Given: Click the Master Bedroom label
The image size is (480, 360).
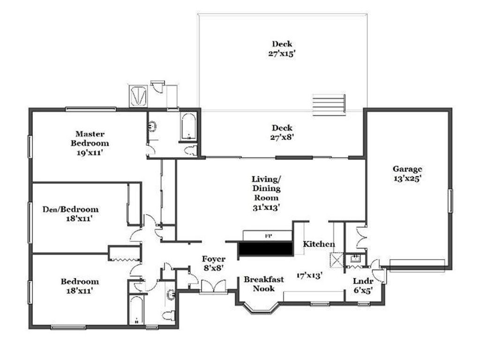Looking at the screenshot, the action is [x=90, y=138].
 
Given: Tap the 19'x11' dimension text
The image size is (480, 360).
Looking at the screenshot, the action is [x=90, y=152].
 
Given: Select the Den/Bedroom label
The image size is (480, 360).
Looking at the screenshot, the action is [x=70, y=210].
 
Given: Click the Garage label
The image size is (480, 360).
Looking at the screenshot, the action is [x=407, y=169].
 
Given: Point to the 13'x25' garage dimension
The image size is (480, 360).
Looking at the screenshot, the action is [x=407, y=179].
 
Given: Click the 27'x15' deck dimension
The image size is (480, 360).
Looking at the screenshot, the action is [x=282, y=54].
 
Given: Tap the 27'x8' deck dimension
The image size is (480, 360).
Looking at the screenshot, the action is [x=282, y=137].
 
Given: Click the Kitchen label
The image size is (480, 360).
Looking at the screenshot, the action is [x=319, y=244].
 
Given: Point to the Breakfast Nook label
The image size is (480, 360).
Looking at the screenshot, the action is [x=264, y=284].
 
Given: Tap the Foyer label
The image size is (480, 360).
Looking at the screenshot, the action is [x=214, y=259].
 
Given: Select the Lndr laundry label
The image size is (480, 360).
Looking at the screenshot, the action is [x=363, y=281].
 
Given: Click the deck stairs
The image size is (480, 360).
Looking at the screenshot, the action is [x=329, y=105].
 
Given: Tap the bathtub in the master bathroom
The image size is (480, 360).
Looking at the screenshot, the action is [x=188, y=127].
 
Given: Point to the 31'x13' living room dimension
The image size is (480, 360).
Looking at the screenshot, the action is [x=266, y=208].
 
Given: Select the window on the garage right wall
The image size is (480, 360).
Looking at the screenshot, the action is [x=450, y=201].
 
